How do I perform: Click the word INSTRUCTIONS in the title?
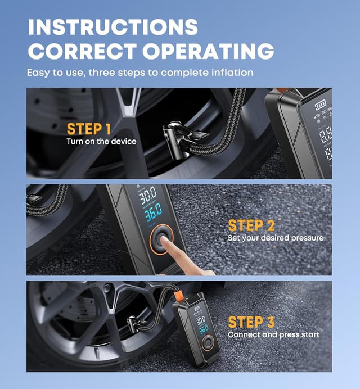click(x=112, y=26)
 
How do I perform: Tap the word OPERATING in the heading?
click(x=208, y=51)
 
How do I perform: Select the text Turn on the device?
click(x=101, y=141)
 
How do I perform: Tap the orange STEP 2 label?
click(x=251, y=225)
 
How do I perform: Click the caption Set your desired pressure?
click(x=276, y=238)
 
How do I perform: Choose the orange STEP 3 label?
click(x=251, y=322)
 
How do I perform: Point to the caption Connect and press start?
click(x=273, y=335)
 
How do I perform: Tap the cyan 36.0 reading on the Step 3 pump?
click(x=202, y=328)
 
